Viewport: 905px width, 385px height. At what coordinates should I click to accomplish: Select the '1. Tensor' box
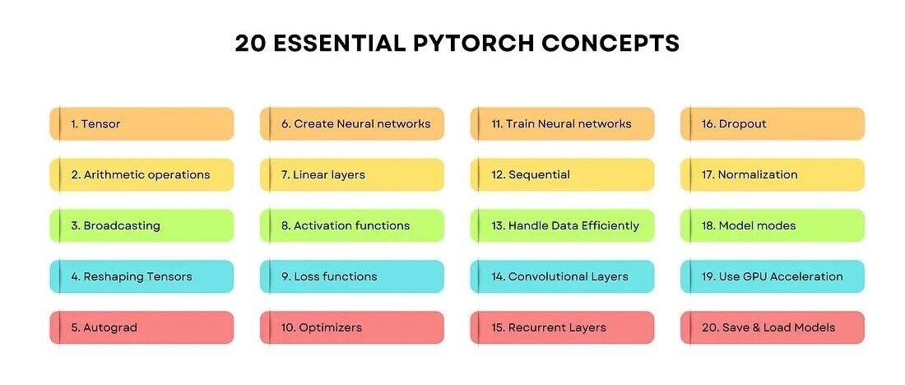142,124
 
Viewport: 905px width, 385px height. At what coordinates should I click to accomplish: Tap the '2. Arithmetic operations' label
142,175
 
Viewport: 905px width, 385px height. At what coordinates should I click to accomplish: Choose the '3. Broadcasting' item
142,226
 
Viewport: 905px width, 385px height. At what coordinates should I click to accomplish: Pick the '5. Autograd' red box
142,327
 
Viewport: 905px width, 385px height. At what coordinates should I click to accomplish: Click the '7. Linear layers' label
352,175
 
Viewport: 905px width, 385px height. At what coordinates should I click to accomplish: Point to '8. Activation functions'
352,226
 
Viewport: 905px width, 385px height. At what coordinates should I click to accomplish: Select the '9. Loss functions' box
352,277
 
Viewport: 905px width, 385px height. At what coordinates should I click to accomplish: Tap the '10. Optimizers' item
352,327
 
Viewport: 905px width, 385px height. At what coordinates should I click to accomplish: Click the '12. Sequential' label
563,175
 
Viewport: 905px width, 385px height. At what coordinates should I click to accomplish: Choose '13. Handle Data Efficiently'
563,226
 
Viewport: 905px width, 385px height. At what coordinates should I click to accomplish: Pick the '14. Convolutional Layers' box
563,277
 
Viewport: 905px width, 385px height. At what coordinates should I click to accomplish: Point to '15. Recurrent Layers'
563,327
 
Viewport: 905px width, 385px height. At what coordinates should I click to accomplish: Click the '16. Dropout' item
773,124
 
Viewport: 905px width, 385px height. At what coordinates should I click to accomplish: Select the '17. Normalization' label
773,175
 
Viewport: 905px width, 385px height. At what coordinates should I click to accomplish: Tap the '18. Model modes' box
773,226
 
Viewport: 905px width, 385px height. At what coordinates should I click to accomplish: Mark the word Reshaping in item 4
109,277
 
